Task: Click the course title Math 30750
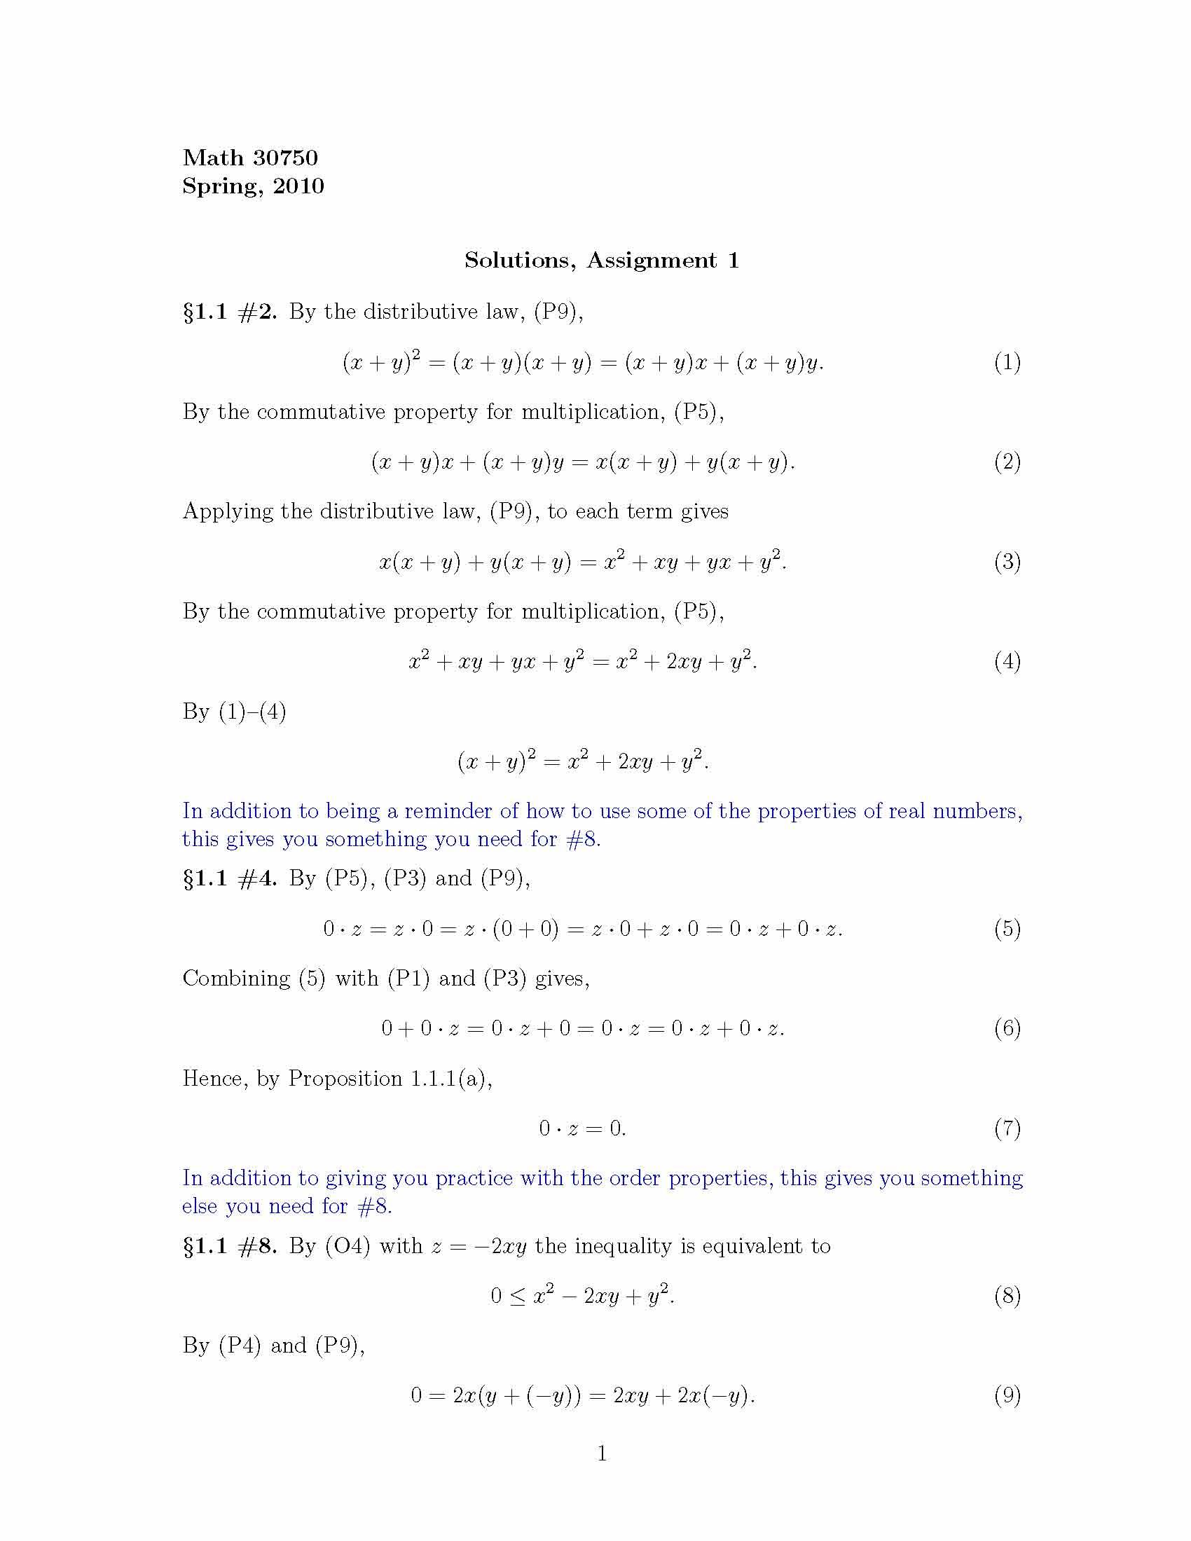250,158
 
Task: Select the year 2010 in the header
298,186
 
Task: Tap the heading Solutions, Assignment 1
601,261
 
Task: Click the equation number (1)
1007,363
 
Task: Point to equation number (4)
1007,661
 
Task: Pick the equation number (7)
1007,1128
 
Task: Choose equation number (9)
1007,1395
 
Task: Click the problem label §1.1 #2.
229,312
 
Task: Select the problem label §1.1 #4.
229,878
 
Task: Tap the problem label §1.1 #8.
229,1246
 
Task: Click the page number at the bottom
602,1453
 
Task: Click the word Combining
235,979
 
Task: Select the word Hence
214,1079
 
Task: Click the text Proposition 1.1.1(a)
390,1079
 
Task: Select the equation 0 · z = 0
582,1128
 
